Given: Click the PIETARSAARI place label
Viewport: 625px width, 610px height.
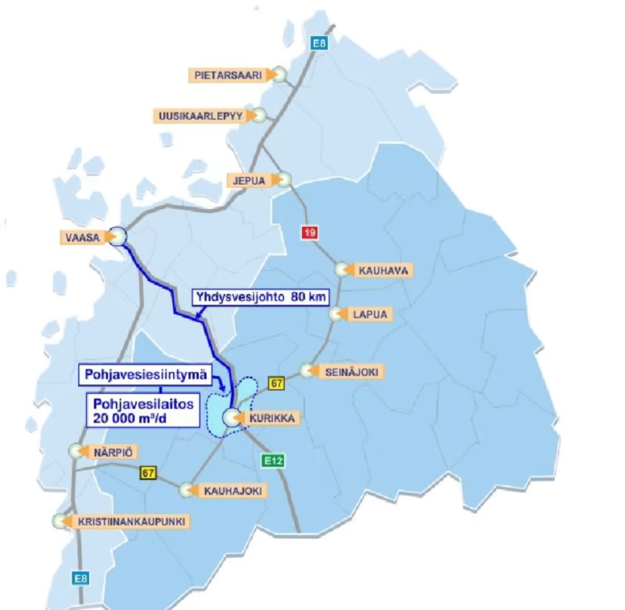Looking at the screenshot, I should pos(229,75).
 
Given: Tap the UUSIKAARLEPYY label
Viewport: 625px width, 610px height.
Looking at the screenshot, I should pos(202,115).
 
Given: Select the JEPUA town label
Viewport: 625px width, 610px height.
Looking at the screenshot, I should pos(248,180).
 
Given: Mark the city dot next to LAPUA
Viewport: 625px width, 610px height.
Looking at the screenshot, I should pos(336,314).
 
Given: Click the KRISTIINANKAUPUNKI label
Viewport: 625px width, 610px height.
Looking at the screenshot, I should pos(131,522).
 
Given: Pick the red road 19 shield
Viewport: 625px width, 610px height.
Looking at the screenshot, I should pos(309,232).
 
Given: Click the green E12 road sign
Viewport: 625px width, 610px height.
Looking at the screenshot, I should pos(273,461).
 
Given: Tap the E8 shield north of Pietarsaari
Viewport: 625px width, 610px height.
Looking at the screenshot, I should pos(319,43).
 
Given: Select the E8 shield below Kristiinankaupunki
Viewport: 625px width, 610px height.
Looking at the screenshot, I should pos(81,578).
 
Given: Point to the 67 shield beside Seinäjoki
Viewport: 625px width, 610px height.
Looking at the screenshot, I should pos(277,383).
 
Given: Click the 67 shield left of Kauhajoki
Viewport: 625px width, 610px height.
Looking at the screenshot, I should pos(147,472).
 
